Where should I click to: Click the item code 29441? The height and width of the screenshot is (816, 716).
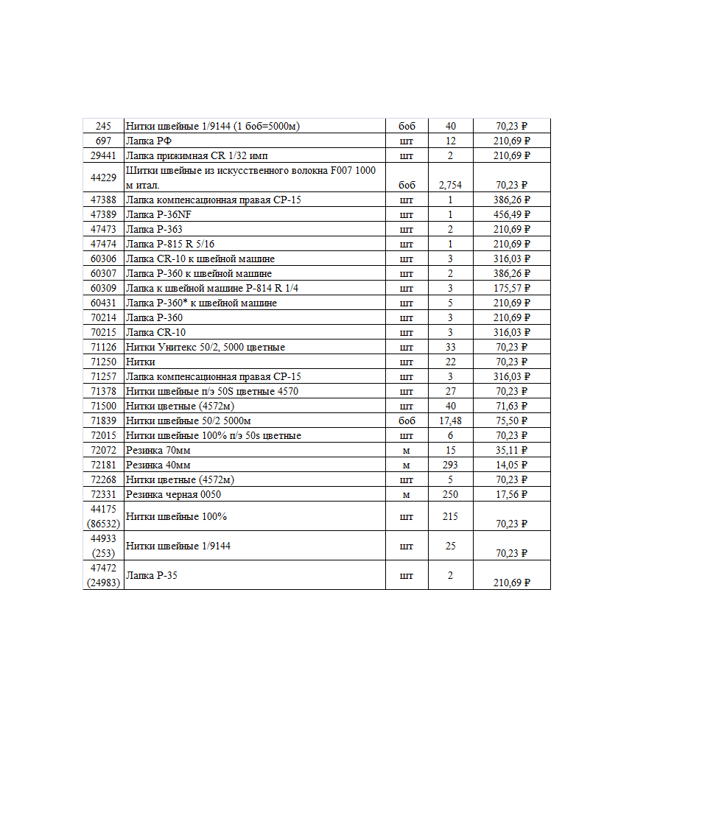coord(103,155)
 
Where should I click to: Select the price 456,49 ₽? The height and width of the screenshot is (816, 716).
coord(512,214)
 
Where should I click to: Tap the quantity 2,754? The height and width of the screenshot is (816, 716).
coord(450,185)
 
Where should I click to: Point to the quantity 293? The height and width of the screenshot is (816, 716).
coord(450,465)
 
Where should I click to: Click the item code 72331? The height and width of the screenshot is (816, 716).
coord(103,494)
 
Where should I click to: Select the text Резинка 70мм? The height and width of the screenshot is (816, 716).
coord(158,450)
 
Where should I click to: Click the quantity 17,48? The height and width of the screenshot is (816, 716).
coord(450,421)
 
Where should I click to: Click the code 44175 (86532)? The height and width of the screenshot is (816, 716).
coord(103,516)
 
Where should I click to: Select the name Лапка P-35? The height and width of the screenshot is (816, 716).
coord(151,575)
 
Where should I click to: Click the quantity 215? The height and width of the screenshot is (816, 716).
coord(450,516)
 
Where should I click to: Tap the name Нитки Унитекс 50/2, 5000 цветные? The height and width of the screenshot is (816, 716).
coord(206,347)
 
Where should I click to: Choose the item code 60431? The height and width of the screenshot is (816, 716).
coord(103,303)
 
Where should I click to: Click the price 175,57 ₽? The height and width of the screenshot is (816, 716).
coord(512,288)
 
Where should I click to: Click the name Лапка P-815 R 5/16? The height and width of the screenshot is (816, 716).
coord(170,244)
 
